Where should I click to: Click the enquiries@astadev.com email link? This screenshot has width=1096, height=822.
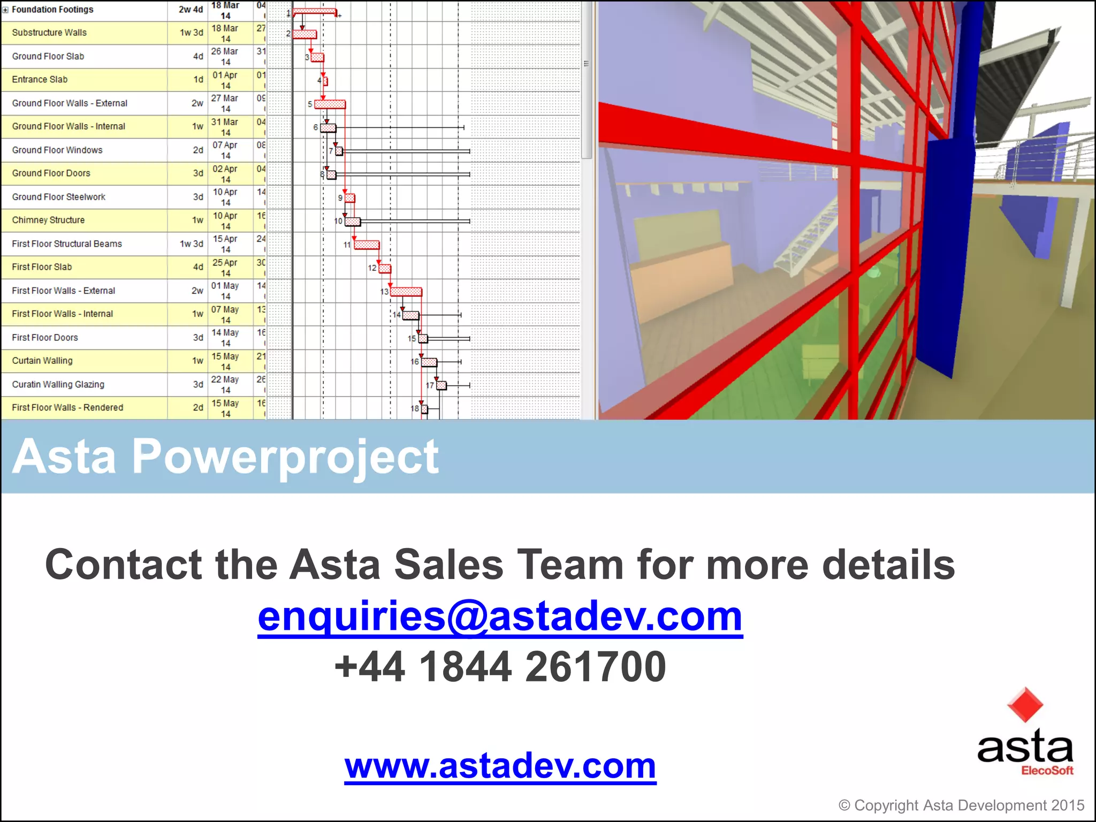tap(500, 616)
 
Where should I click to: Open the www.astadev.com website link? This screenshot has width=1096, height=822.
tap(500, 766)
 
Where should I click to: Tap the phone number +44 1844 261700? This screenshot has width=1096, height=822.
tap(500, 667)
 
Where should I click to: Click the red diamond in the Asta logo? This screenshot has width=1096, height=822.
tap(1025, 705)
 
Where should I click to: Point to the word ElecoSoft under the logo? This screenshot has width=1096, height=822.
tap(1047, 771)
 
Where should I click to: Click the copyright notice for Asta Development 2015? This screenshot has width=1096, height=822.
tap(961, 805)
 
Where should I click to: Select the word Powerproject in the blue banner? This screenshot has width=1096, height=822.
tap(285, 456)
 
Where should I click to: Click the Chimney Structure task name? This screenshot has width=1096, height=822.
tap(48, 220)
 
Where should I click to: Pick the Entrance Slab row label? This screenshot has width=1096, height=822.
tap(40, 79)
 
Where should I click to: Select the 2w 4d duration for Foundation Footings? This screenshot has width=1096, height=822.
tap(191, 10)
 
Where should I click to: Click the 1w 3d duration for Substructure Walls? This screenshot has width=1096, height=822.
tap(191, 33)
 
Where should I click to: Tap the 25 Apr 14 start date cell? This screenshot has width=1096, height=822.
tap(225, 268)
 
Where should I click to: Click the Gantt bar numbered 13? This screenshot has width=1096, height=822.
tap(406, 292)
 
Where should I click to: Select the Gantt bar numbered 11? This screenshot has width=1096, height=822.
tap(367, 245)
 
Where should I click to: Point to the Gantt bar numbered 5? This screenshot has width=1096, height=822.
tap(330, 104)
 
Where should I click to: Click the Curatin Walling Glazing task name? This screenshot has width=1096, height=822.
tap(58, 384)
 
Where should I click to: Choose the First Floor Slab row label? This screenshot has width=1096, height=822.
tap(42, 267)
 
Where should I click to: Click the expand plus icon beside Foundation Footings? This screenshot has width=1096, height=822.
tap(5, 10)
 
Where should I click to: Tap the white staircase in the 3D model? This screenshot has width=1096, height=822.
tap(803, 241)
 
